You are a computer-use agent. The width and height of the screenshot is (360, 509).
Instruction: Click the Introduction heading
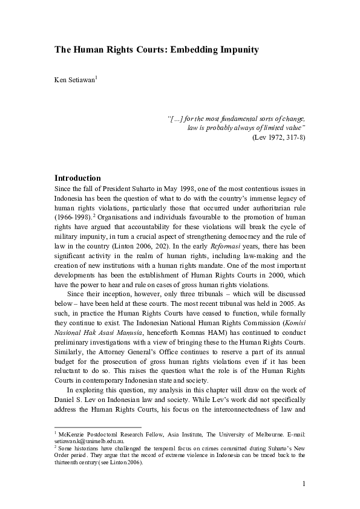pos(77,178)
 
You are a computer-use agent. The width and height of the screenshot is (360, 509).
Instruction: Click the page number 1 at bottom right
pos(303,484)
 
